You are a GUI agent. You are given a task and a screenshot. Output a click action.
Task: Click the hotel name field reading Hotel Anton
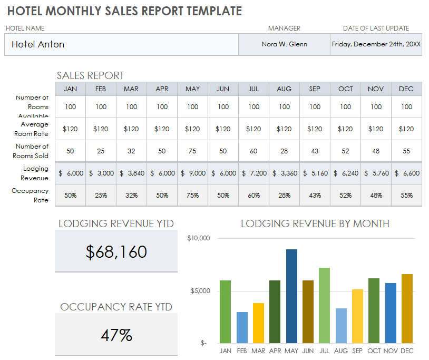[x=38, y=44]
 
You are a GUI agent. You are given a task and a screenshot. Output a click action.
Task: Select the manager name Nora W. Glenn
[x=284, y=44]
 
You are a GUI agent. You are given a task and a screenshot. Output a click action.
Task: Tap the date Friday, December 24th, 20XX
[x=376, y=44]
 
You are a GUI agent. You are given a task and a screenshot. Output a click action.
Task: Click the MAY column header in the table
[x=192, y=89]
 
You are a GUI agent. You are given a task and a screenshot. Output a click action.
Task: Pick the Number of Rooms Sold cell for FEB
[x=101, y=151]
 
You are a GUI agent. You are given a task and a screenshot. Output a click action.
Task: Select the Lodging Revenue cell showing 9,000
[x=192, y=173]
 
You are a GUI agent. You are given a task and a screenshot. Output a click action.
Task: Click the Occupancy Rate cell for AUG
[x=284, y=195]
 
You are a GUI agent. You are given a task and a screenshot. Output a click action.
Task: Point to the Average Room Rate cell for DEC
[x=406, y=129]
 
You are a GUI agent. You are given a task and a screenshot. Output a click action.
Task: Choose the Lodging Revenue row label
[x=35, y=173]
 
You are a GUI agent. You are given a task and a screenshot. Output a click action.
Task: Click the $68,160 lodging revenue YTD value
[x=116, y=252]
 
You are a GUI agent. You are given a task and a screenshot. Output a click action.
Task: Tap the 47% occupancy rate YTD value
[x=116, y=335]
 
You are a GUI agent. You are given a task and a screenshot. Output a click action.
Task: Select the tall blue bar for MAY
[x=291, y=296]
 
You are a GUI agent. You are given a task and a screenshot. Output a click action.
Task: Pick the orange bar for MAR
[x=258, y=323]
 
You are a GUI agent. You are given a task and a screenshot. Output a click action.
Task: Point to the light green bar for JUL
[x=325, y=306]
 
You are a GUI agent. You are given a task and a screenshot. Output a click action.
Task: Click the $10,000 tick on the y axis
[x=199, y=238]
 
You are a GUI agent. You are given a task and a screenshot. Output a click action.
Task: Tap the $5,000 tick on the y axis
[x=200, y=291]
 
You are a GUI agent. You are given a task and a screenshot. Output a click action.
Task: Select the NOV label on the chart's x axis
[x=391, y=351]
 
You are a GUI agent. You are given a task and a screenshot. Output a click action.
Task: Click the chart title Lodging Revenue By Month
[x=315, y=223]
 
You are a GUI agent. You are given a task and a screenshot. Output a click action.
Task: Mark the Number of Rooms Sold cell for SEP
[x=315, y=151]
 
